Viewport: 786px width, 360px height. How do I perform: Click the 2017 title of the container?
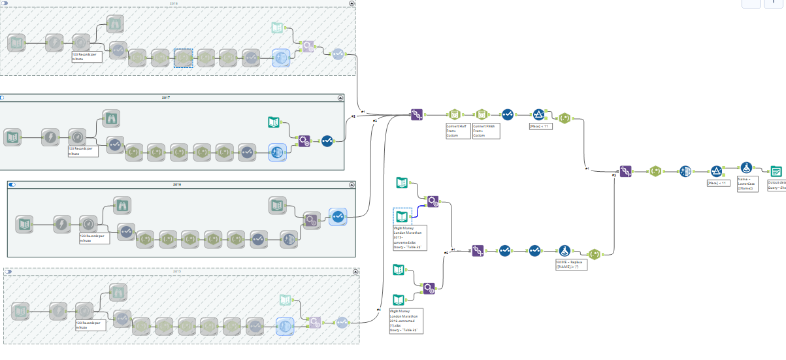(165, 97)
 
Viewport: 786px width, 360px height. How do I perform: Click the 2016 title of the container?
(177, 185)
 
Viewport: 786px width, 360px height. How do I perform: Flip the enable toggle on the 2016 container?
(12, 185)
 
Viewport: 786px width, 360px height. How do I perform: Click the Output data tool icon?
(776, 171)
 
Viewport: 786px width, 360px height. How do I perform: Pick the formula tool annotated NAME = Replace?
(565, 250)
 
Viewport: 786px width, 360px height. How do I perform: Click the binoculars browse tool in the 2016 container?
(122, 205)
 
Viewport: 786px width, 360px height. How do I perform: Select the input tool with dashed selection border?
(402, 216)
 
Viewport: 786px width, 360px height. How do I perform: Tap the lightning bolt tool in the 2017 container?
(50, 137)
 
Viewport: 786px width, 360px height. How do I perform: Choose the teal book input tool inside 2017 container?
(275, 121)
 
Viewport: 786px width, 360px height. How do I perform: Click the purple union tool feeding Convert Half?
(417, 114)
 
